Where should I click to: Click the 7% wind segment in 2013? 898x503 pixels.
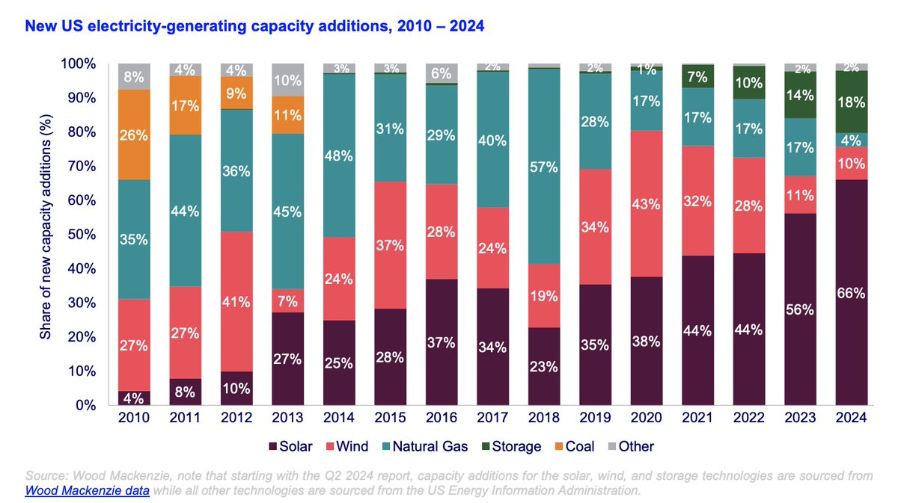287,300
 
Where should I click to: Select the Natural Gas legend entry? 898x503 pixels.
424,446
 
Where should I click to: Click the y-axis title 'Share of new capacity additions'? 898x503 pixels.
46,235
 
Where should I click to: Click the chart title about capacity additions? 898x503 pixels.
255,27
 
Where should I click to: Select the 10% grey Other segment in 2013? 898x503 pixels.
287,80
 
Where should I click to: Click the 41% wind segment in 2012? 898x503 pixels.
236,300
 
